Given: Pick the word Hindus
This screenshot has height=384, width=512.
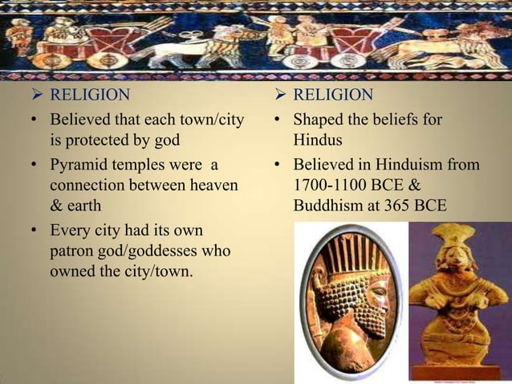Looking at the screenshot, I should point(316,141).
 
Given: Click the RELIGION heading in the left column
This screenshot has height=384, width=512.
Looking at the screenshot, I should point(89,96).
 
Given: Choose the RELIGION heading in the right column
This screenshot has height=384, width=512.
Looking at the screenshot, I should point(332,96).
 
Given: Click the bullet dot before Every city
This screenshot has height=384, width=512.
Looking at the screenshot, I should point(30,231).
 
